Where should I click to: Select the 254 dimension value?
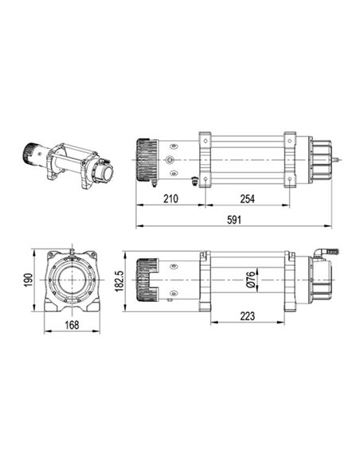[x=247, y=198]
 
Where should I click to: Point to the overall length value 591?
[x=235, y=220]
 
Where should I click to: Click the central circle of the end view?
[x=72, y=281]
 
